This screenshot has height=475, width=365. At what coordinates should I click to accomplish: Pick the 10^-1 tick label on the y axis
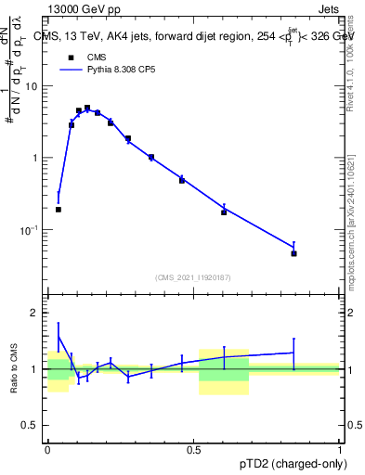point(32,229)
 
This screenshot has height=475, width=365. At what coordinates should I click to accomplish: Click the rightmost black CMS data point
point(293,253)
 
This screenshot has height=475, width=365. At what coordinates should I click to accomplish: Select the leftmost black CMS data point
point(59,210)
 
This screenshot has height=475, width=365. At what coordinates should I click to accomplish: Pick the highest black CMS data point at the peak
point(87,108)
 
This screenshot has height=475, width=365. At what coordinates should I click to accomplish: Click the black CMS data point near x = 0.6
point(224,212)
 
